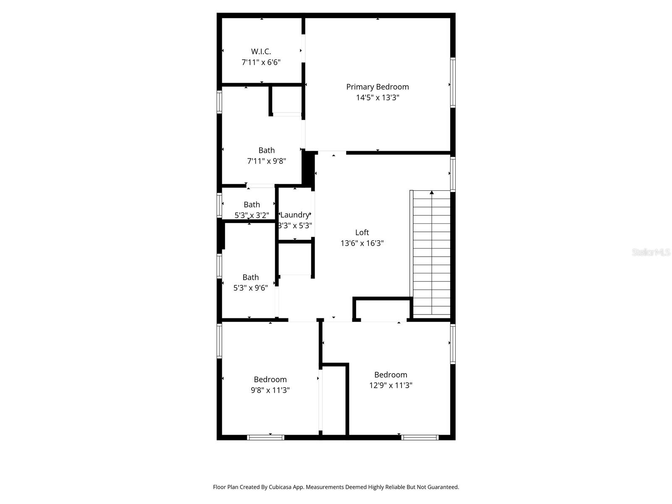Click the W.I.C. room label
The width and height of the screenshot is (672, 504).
pos(261,52)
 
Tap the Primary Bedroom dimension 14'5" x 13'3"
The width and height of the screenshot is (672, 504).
pos(378,97)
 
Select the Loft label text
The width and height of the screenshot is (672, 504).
pos(362,232)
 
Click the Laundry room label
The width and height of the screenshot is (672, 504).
pos(294,215)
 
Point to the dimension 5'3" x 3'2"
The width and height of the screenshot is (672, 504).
pos(252,215)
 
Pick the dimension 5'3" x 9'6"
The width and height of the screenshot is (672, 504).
pos(251,288)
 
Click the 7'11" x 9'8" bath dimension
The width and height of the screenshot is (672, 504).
pos(266,161)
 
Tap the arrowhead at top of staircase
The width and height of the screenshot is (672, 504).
pos(431,192)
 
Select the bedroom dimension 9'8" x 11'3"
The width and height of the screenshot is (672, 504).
pos(270,390)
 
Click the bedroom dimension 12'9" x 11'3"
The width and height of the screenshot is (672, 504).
pos(391,386)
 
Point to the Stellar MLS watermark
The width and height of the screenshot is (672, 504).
pos(651,252)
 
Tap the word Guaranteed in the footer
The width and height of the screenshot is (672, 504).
pos(443,487)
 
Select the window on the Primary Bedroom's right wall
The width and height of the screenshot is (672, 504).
pos(453,82)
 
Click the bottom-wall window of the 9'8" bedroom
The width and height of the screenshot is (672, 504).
pos(265,438)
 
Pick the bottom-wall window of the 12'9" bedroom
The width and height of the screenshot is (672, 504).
pos(420,438)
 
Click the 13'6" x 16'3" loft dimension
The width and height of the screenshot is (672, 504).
pos(362,243)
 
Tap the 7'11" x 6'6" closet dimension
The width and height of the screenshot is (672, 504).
pos(261,63)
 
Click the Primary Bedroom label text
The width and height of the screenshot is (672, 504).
pos(378,87)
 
